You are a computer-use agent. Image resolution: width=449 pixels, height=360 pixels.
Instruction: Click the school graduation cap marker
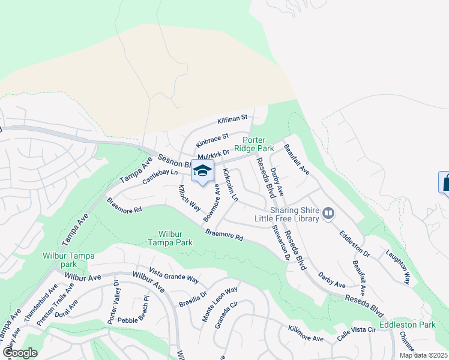202,170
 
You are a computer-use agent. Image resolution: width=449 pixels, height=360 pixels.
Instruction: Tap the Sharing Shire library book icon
328,213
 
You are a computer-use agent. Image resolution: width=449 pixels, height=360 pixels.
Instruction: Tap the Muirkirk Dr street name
213,155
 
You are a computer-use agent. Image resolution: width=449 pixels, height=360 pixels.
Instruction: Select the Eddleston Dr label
354,244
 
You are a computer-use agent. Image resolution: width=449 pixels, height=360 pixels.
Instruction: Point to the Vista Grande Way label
174,275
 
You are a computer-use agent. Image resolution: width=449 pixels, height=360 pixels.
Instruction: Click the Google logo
20,352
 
